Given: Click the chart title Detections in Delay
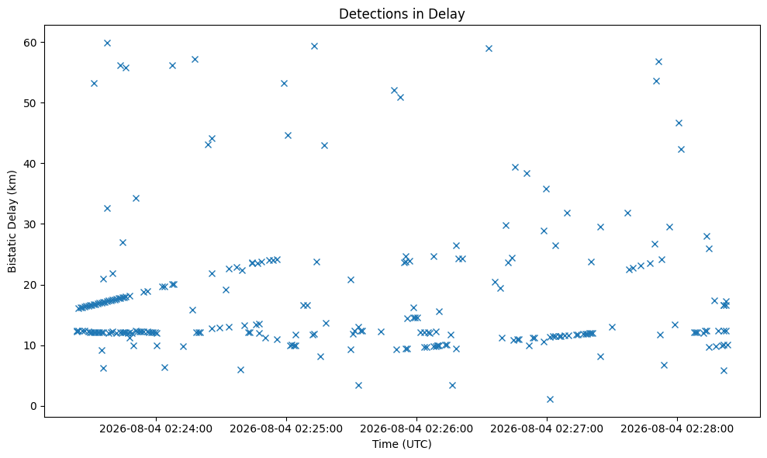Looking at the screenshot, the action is (402, 14).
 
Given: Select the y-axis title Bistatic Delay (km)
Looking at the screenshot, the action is (12, 221).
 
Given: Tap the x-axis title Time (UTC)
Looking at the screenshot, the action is (402, 444).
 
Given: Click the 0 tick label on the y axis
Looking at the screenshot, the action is (34, 406).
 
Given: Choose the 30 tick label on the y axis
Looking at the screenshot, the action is (30, 224).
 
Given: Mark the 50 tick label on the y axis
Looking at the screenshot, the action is (30, 103).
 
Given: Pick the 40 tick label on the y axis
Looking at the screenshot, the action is (30, 164).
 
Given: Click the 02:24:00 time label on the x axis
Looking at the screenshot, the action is (156, 429).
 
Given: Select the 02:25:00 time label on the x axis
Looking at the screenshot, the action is (286, 429).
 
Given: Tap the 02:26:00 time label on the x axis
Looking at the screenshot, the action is (416, 429).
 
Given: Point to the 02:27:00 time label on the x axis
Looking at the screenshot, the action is (547, 429).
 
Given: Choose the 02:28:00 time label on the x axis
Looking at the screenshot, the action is (677, 429).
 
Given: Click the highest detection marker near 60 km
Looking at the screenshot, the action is (107, 43).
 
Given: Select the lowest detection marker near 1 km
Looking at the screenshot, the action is (550, 399).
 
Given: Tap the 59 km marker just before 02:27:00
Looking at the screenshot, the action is (489, 48).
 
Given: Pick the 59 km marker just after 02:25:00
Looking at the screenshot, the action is (315, 46).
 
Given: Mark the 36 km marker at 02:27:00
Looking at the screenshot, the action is (547, 189).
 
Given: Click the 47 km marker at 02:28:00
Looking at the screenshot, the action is (679, 123).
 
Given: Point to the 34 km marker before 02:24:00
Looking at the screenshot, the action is (136, 199).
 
